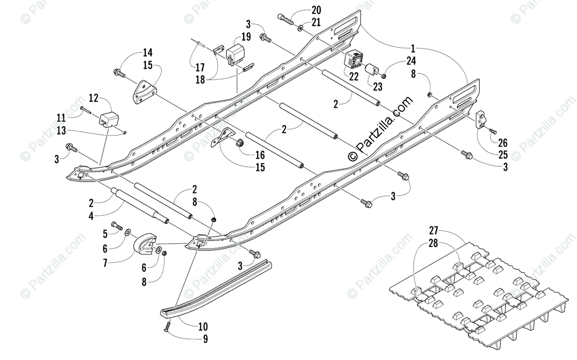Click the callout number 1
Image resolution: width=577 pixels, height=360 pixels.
413,49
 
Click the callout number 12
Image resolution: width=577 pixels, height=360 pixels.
93,99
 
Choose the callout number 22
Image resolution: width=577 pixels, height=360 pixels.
353,76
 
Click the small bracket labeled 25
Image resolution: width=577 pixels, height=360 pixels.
481,119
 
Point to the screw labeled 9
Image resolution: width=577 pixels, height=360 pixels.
166,327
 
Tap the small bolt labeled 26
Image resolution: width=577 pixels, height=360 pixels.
492,130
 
